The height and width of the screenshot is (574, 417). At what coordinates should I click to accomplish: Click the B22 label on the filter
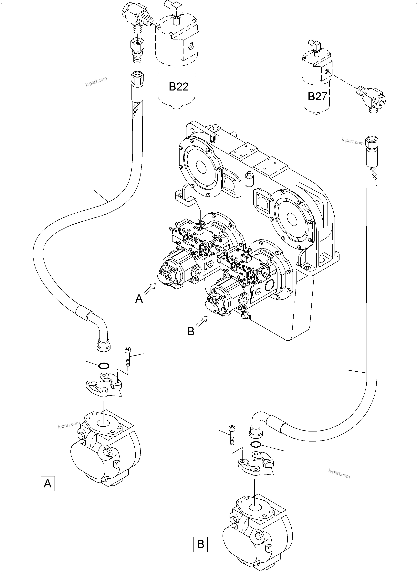click(x=179, y=87)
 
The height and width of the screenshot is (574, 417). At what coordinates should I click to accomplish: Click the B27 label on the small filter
click(x=317, y=96)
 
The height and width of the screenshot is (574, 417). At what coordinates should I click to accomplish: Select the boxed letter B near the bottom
click(x=200, y=544)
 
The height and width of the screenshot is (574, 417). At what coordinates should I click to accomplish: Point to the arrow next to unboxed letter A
click(x=150, y=289)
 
